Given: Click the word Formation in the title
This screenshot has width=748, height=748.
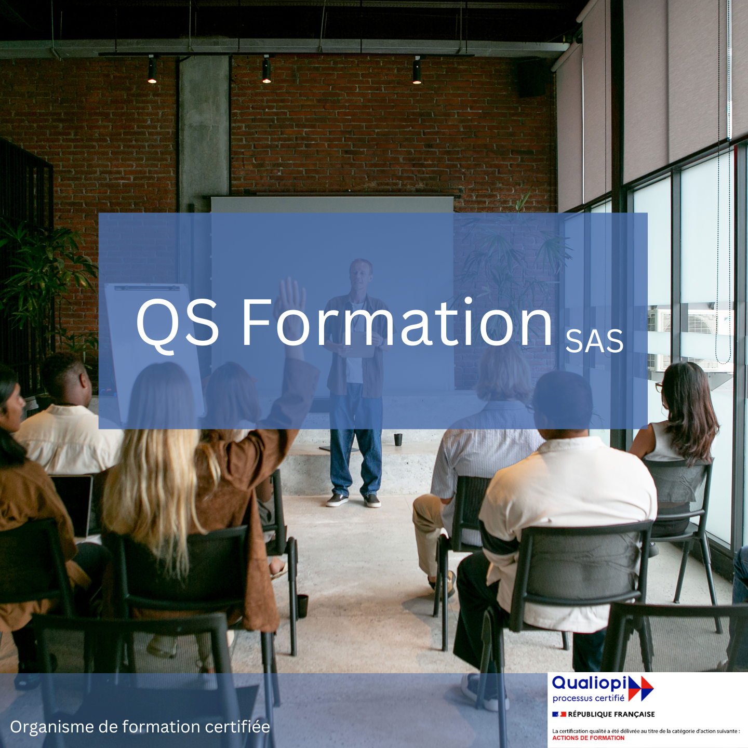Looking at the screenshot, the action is (397, 322).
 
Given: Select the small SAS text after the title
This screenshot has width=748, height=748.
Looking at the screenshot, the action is (594, 342).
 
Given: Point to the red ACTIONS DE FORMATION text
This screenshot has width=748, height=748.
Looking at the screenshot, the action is (589, 738).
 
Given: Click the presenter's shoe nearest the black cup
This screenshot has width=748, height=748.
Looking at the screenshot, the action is (372, 501).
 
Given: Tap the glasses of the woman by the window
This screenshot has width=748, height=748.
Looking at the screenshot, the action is (659, 386).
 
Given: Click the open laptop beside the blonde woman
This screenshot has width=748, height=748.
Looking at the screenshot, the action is (74, 504).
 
